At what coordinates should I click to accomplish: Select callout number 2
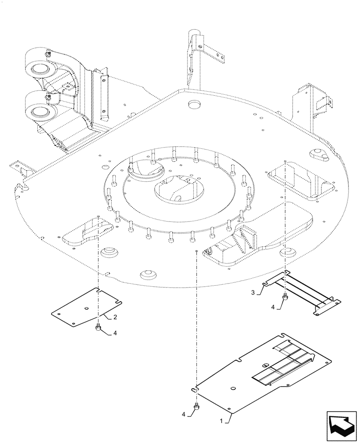pos(115,317)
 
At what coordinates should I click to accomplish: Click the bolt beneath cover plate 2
pos(97,328)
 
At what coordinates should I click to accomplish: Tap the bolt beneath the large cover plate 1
pos(196,406)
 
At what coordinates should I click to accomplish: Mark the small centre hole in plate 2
pos(87,309)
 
